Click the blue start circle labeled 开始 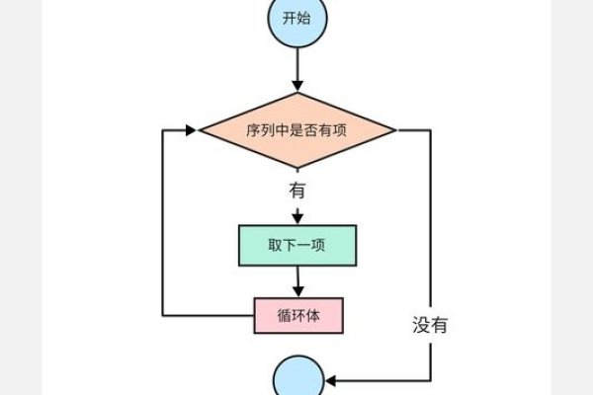[x=296, y=20]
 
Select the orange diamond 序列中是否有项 [x=297, y=129]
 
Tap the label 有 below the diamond [x=296, y=189]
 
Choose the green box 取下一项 [x=296, y=246]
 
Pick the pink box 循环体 [x=297, y=316]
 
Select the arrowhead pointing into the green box [x=296, y=221]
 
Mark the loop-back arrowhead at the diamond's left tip [x=193, y=129]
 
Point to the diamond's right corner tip [x=396, y=129]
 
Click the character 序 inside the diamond [x=251, y=129]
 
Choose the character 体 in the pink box [x=317, y=316]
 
